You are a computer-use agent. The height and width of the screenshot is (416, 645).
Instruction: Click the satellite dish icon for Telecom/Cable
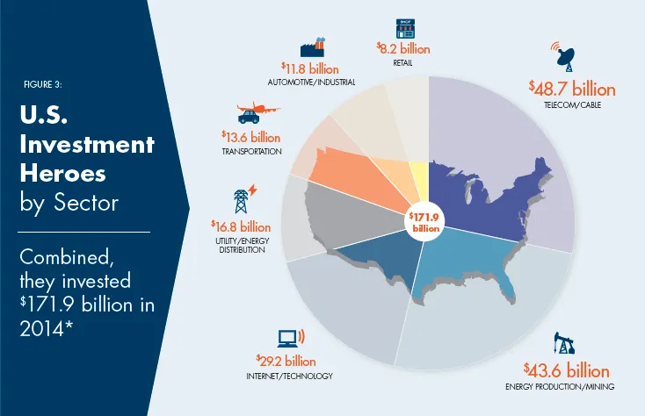563,55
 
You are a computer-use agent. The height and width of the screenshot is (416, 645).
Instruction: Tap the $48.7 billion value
572,89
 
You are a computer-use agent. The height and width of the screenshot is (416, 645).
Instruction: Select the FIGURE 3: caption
42,85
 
